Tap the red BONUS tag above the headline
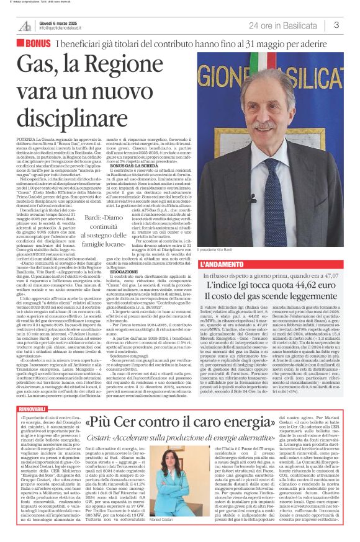38,43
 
